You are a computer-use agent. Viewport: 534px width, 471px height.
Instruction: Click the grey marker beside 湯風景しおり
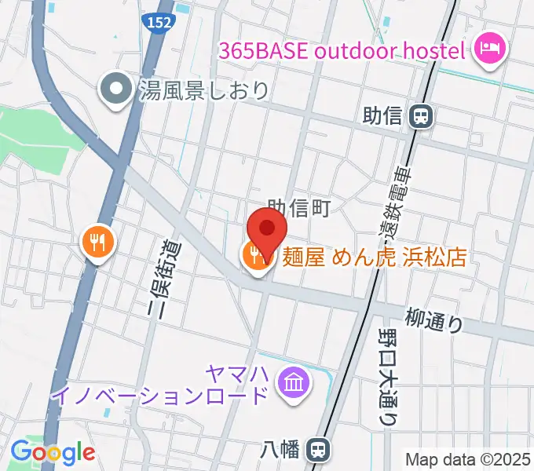pos(117,90)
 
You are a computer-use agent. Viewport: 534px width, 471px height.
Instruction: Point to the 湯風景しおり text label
pos(203,90)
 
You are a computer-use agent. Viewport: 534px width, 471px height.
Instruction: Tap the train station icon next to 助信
pos(422,116)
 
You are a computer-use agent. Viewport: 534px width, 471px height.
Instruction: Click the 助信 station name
pos(382,116)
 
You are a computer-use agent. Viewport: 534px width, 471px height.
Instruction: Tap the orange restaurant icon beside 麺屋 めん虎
pos(256,257)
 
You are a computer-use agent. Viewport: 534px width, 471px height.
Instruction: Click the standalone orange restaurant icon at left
pos(98,241)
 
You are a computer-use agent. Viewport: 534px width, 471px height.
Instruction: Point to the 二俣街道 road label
pos(168,278)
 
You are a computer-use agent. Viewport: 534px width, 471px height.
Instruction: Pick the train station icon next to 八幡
pos(318,450)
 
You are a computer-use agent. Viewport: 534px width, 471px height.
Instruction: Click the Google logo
pos(53,452)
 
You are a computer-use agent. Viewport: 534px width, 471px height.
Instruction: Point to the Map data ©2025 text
pos(466,458)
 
